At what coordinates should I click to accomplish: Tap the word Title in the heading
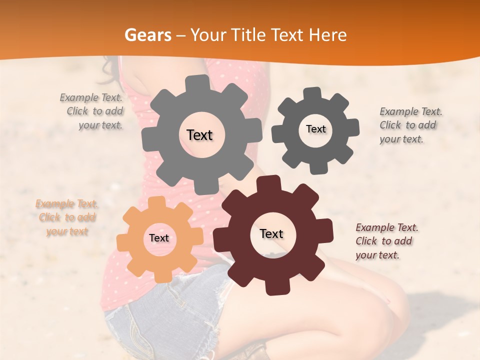tap(248, 35)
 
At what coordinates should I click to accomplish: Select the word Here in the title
tap(327, 35)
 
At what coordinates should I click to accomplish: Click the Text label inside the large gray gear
tap(199, 135)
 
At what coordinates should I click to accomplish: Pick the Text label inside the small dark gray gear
tap(315, 129)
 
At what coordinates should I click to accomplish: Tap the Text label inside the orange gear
tap(159, 238)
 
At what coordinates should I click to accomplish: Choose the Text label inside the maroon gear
tap(271, 233)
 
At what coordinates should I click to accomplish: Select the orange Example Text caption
tap(67, 217)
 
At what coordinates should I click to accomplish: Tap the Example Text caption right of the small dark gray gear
tap(410, 125)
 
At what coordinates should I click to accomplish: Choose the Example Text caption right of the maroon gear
tap(386, 241)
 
